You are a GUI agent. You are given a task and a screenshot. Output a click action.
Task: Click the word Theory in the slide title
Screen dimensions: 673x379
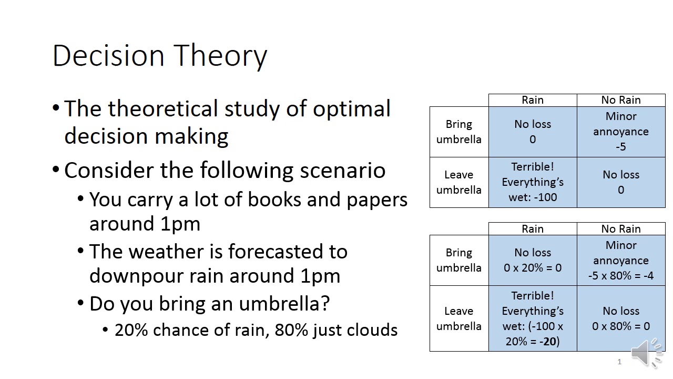[x=220, y=56]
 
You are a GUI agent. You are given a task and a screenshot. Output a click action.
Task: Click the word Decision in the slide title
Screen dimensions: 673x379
[x=108, y=55]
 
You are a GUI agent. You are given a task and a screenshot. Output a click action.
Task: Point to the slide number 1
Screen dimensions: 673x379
[x=619, y=362]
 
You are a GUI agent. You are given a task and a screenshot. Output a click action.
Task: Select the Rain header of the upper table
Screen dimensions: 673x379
[x=533, y=100]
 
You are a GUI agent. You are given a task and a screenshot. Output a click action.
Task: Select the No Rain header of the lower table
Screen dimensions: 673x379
[x=621, y=229]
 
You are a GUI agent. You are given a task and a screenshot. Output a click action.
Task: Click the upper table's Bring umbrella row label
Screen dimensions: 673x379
[x=459, y=132]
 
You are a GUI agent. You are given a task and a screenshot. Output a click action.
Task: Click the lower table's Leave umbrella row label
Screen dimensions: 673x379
[x=459, y=318]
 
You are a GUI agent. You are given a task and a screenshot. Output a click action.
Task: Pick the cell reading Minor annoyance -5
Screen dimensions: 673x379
[x=621, y=132]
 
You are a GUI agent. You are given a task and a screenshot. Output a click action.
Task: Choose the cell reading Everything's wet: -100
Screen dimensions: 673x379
[x=533, y=182]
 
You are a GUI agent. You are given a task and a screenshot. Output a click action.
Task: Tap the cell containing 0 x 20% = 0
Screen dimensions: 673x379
[x=533, y=260]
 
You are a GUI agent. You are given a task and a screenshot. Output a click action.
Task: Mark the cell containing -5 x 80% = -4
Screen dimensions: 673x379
[x=621, y=260]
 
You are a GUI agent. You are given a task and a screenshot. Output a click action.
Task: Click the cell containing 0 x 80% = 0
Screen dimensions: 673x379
[x=621, y=318]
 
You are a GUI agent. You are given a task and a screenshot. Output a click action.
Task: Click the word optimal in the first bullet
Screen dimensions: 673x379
[x=352, y=109]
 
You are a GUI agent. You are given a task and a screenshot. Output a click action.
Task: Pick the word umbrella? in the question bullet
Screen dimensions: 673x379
[x=284, y=303]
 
